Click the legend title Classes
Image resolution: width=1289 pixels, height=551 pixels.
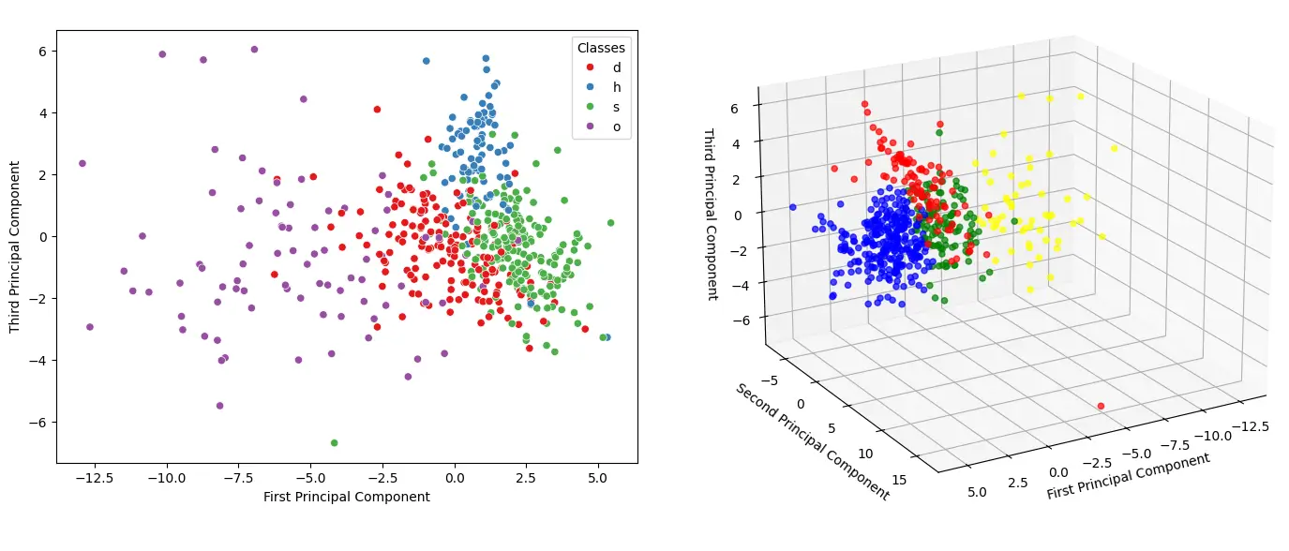tap(601, 48)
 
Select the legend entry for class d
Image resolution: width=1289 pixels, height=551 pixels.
tap(616, 67)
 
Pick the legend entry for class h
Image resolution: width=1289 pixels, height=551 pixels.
tap(616, 87)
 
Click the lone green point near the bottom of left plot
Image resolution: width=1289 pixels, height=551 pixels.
tap(334, 442)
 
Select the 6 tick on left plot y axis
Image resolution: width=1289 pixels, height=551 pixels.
tap(41, 51)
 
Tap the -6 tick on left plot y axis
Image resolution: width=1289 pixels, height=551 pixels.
tap(37, 422)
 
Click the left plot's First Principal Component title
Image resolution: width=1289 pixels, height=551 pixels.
tap(347, 497)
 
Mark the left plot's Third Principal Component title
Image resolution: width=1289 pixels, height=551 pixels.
tap(15, 247)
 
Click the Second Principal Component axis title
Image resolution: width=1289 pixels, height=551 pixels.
tap(811, 441)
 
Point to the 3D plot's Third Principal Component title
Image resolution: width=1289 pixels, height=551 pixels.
tap(710, 214)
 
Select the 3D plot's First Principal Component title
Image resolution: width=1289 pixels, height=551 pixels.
tap(1128, 476)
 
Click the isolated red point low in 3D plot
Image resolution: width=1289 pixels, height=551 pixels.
tap(1101, 406)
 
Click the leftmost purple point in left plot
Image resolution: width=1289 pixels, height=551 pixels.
tap(82, 163)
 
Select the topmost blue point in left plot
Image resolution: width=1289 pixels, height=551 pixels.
tap(486, 58)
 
